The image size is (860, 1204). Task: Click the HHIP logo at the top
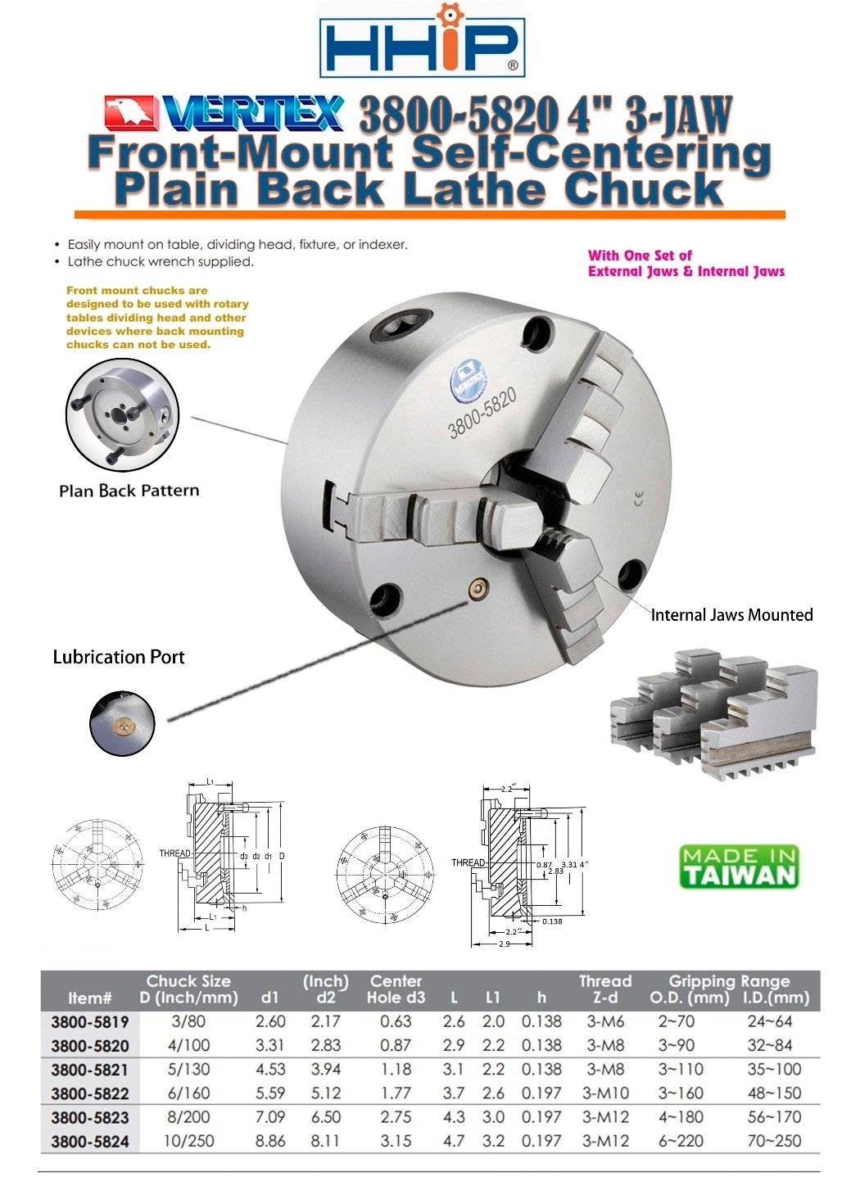[421, 42]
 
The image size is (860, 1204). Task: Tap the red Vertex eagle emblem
[130, 114]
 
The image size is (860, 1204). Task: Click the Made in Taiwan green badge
[739, 867]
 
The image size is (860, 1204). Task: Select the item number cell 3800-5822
[90, 1093]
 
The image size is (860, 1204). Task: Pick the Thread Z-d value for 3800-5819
[605, 1021]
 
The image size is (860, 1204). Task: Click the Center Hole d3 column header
[396, 989]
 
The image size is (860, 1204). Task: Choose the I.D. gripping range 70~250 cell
[774, 1140]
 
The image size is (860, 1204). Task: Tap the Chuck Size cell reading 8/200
[188, 1117]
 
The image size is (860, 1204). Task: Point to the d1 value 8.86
[270, 1140]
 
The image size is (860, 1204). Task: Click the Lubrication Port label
[119, 657]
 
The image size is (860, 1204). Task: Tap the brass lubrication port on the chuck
[478, 587]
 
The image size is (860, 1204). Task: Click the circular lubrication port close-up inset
[122, 722]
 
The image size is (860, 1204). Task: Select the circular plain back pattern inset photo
[122, 415]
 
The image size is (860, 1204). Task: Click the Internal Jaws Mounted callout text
[731, 615]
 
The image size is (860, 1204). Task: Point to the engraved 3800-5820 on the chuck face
[482, 413]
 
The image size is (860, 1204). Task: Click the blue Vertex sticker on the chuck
[468, 379]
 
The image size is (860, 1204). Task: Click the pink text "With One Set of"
[640, 256]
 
